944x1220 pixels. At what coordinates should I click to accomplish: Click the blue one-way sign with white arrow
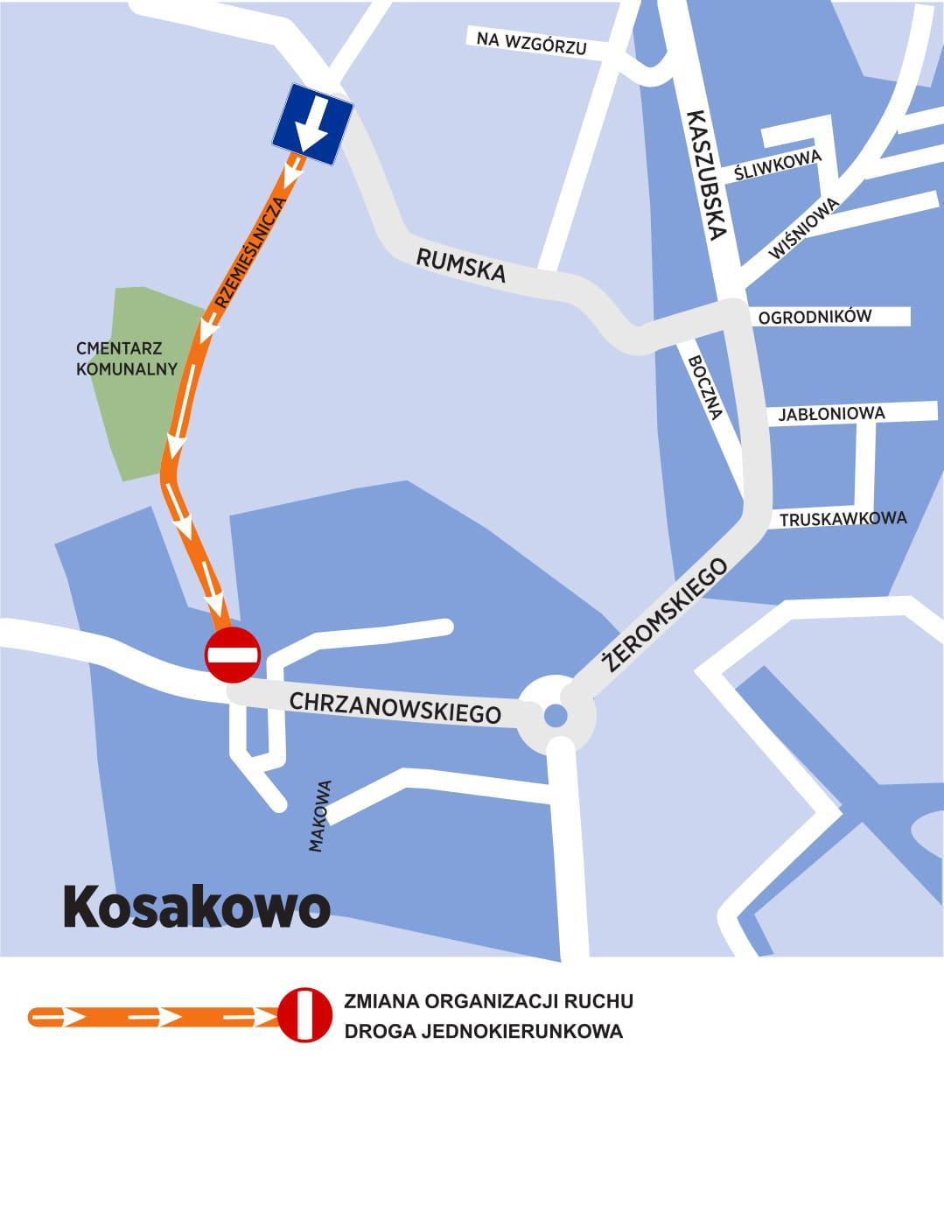click(312, 125)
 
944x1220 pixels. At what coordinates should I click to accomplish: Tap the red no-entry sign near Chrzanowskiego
click(233, 655)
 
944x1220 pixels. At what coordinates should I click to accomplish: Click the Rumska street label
click(461, 265)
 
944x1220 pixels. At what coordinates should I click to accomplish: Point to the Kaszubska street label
click(706, 174)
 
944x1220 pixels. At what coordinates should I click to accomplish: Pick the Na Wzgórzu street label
click(531, 43)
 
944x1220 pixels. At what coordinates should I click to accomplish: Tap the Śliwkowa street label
click(778, 164)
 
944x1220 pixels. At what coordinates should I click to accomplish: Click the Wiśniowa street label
click(803, 228)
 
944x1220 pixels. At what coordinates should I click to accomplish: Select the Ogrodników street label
click(815, 317)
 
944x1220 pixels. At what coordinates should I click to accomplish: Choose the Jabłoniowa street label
click(831, 413)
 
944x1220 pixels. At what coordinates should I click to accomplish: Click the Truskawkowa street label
click(843, 519)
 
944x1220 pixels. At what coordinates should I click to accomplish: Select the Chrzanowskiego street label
click(395, 708)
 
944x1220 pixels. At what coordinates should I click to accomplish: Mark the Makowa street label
click(319, 816)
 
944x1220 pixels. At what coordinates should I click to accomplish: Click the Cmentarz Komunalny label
click(126, 359)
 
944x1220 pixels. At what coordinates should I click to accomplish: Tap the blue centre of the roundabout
click(556, 717)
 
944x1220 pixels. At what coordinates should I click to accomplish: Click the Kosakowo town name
click(196, 908)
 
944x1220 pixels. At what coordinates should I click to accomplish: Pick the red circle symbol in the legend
click(305, 1016)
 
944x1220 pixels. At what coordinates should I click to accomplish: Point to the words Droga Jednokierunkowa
click(483, 1031)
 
